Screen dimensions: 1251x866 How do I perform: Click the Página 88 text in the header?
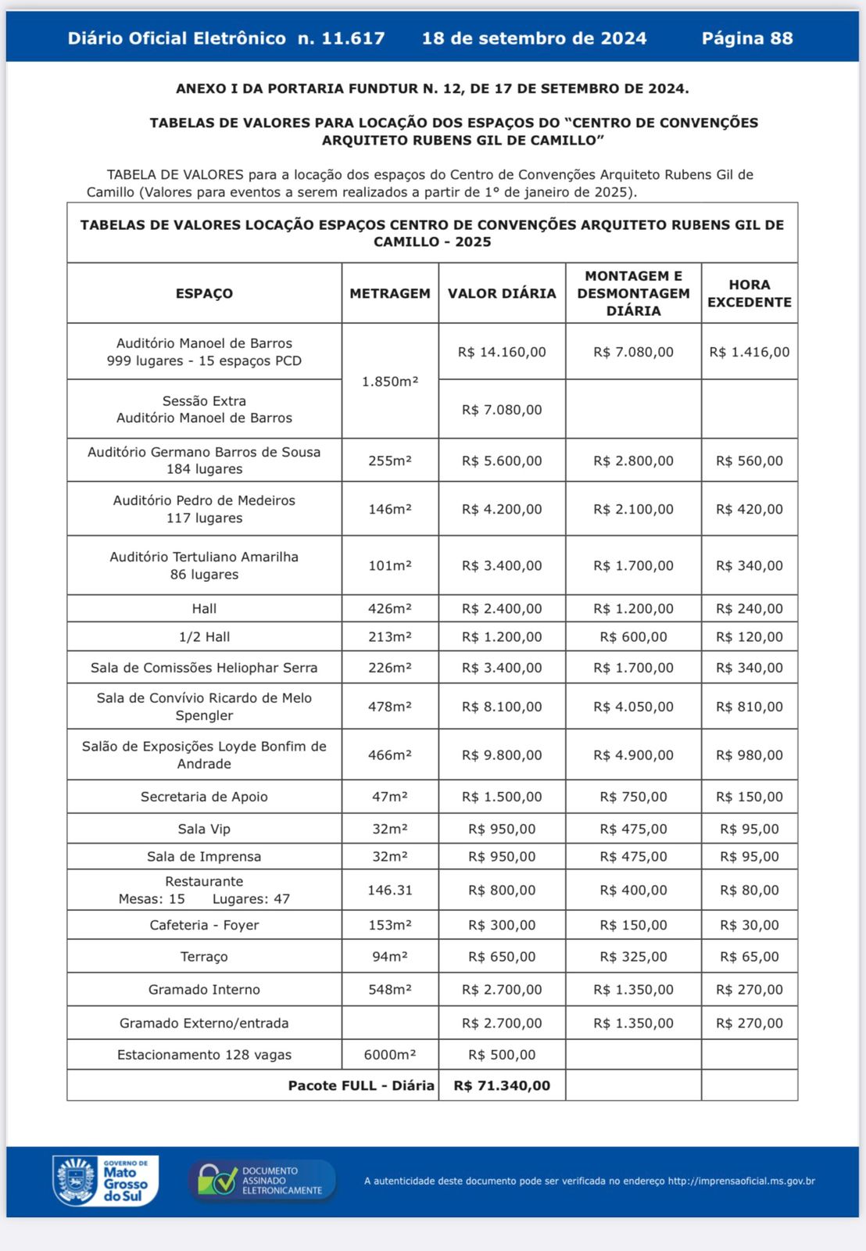747,38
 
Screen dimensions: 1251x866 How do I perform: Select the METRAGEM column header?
390,293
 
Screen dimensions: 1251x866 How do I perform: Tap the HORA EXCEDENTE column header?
750,293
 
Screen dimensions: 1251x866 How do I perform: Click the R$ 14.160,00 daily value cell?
502,352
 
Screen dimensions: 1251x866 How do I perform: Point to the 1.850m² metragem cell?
390,382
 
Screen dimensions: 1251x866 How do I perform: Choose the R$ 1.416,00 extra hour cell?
750,352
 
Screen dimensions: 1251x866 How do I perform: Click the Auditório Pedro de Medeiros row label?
204,509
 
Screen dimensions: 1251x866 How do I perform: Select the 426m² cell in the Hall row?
390,608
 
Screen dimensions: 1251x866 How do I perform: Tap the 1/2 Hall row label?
204,636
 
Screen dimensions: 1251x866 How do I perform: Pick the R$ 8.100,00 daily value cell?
502,707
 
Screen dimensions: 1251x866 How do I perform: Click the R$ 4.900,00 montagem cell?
633,755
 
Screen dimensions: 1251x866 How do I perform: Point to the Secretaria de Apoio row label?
204,797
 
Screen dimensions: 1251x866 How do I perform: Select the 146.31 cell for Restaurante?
390,890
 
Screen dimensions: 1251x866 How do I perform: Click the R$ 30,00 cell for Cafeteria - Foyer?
750,925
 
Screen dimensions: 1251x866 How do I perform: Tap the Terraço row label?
204,956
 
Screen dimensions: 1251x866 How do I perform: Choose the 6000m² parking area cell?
390,1055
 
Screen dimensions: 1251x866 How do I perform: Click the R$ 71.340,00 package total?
502,1085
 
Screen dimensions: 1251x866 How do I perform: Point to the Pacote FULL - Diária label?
361,1085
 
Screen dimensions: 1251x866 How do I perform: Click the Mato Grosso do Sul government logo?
106,1181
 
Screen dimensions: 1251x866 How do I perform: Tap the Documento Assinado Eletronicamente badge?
262,1181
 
